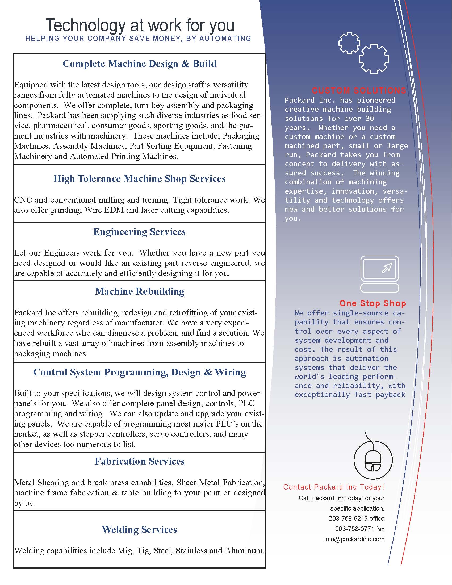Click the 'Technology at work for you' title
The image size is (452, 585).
point(140,25)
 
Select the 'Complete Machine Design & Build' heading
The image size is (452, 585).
point(140,64)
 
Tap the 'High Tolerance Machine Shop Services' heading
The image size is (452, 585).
point(140,179)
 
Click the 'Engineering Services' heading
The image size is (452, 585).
point(140,232)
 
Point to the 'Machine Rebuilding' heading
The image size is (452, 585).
point(140,291)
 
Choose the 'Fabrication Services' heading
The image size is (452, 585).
point(140,461)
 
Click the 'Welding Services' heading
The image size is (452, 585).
point(140,529)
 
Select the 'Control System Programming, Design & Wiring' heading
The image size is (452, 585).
point(140,372)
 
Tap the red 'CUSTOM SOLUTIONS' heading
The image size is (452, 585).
point(359,90)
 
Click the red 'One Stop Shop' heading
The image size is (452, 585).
point(373,303)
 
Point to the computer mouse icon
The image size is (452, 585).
point(373,460)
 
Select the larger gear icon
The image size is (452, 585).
point(374,59)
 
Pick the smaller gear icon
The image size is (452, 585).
point(349,43)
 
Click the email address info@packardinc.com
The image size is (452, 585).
point(354,539)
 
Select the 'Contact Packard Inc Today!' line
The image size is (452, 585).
point(334,487)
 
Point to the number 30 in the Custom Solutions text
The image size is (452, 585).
point(370,118)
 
